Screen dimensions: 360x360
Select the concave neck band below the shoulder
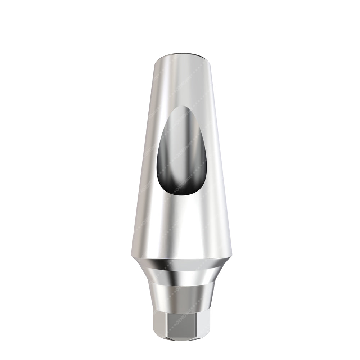(x=180, y=277)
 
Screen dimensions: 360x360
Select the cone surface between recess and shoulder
(x=180, y=223)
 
